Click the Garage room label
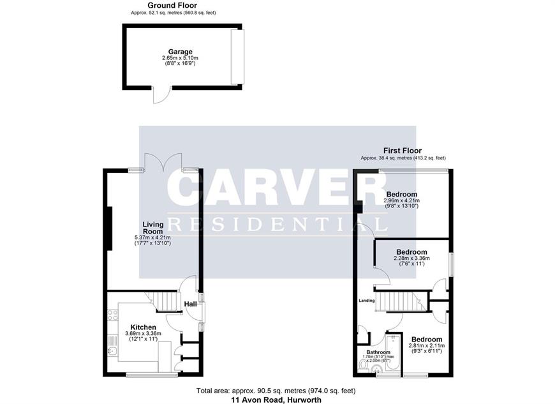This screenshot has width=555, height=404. (x=180, y=52)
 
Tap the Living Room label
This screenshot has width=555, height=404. (x=153, y=228)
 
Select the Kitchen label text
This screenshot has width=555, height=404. (x=143, y=327)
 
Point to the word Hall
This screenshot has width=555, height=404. (x=191, y=304)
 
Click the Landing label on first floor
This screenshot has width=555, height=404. (x=367, y=301)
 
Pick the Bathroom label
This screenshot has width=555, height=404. (x=378, y=352)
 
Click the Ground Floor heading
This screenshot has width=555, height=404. (x=172, y=5)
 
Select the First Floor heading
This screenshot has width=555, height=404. (x=403, y=151)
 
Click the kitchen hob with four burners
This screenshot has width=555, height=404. (x=113, y=315)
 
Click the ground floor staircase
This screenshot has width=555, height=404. (x=164, y=301)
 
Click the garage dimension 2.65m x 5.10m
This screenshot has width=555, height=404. (x=180, y=57)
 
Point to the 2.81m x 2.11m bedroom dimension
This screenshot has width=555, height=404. (x=427, y=346)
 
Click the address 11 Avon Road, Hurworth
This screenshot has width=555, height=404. (x=276, y=400)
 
